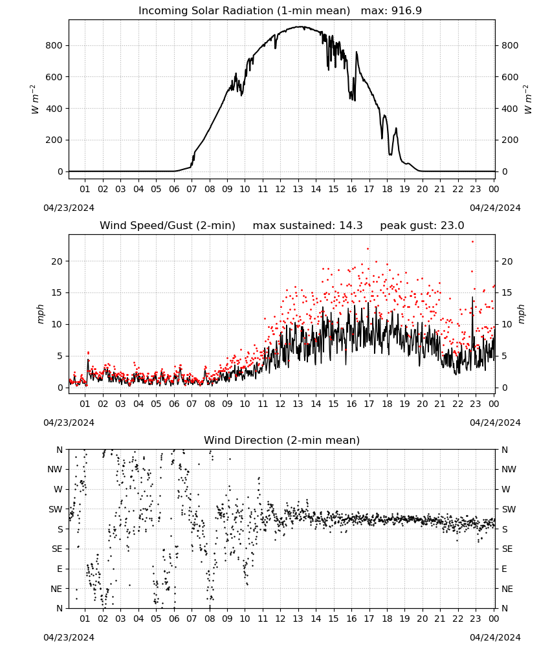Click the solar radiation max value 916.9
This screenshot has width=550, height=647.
pos(406,11)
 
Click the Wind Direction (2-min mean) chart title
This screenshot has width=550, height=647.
pos(282,440)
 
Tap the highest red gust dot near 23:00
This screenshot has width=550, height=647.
pos(472,242)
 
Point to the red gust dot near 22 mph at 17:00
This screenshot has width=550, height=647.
pos(368,249)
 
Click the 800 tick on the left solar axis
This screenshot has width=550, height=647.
pos(54,45)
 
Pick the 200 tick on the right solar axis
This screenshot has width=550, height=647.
pos(510,140)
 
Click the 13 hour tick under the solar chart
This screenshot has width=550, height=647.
pos(298,189)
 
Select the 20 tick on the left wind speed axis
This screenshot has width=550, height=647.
pos(57,261)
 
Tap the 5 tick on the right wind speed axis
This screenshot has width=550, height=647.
pos(504,356)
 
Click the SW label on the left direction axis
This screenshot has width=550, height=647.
pos(56,509)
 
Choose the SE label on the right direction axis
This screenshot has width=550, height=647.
pos(507,549)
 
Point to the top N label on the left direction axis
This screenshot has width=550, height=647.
pos(60,450)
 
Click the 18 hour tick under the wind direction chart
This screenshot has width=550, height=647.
pos(387,619)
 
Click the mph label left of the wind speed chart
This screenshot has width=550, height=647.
pos(40,314)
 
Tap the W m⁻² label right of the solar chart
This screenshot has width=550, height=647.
pos(528,100)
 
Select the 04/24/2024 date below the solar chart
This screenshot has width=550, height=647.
pos(495,208)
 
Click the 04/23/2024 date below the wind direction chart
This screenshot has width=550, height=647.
pos(69,637)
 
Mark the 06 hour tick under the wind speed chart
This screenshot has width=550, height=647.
pos(174,404)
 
